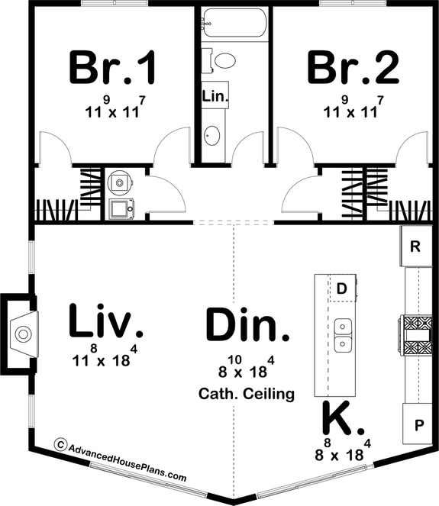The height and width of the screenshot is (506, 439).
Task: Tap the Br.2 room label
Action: [x=353, y=68]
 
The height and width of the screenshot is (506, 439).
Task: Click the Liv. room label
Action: [x=105, y=321]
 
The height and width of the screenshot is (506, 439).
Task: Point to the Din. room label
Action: [x=248, y=326]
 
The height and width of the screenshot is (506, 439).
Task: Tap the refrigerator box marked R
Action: [x=415, y=247]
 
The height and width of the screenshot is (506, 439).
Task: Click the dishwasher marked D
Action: [x=342, y=288]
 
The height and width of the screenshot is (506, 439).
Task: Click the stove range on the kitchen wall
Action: [x=416, y=334]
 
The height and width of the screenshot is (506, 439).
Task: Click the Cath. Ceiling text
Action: [x=247, y=395]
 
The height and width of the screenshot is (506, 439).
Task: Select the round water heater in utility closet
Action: [x=118, y=182]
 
